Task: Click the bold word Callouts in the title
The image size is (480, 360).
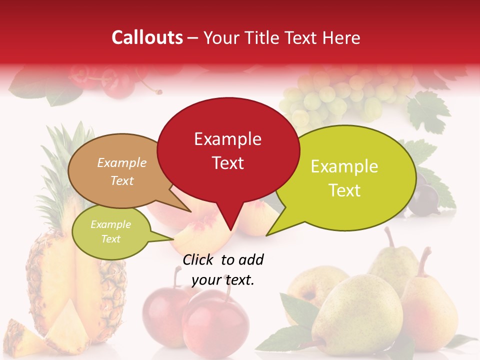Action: click(x=147, y=37)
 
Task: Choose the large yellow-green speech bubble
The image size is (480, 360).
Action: click(x=345, y=177)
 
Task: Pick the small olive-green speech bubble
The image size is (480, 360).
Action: click(x=110, y=232)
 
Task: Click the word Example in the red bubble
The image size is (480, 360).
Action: click(x=228, y=139)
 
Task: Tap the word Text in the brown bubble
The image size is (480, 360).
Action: click(x=122, y=180)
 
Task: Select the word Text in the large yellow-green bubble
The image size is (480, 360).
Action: click(x=345, y=190)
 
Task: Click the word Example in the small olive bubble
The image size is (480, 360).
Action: click(x=110, y=224)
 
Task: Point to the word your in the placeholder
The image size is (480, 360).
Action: click(x=205, y=280)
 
